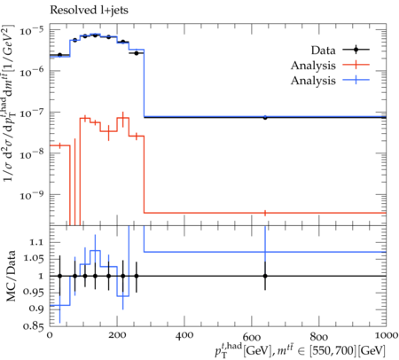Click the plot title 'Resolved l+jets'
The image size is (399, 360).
click(x=89, y=10)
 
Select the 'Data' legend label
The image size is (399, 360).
click(x=323, y=51)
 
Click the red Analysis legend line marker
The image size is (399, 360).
click(x=356, y=65)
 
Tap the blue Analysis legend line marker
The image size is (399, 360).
click(x=356, y=80)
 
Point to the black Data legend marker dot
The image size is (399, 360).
click(x=356, y=50)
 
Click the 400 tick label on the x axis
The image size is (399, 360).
click(x=184, y=335)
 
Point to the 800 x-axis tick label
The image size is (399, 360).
click(x=319, y=336)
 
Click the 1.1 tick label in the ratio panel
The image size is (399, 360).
click(x=36, y=242)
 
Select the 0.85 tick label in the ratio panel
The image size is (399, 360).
click(x=34, y=325)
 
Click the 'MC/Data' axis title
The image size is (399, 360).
click(x=11, y=276)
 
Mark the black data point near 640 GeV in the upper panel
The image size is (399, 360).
click(x=265, y=117)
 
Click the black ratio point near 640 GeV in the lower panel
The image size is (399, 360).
click(x=265, y=276)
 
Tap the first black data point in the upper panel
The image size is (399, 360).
click(x=60, y=55)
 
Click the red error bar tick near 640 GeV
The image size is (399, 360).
click(x=265, y=213)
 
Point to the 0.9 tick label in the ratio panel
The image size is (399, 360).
click(x=36, y=309)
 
